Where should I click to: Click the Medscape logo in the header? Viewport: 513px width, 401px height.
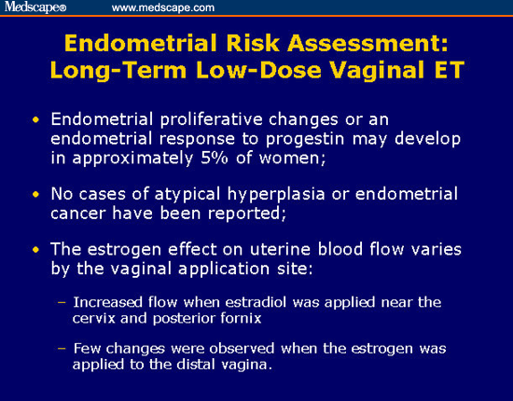(x=35, y=7)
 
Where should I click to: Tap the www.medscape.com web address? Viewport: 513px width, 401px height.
(x=163, y=7)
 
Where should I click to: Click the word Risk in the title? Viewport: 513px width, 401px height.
(x=253, y=43)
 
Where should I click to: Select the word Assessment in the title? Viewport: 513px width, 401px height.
(x=367, y=43)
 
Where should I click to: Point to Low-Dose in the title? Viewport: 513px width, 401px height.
(x=258, y=70)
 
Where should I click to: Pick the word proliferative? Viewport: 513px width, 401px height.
(x=212, y=119)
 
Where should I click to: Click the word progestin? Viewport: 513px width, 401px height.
(x=305, y=139)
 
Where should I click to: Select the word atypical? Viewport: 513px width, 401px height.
(x=187, y=194)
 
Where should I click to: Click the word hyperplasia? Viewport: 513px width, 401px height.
(x=276, y=194)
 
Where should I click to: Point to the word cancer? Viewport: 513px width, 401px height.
(x=76, y=214)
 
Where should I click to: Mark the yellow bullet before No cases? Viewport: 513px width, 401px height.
(x=35, y=195)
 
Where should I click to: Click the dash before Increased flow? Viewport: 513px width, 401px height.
(x=62, y=302)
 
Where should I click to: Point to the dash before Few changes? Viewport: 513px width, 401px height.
(x=62, y=349)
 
